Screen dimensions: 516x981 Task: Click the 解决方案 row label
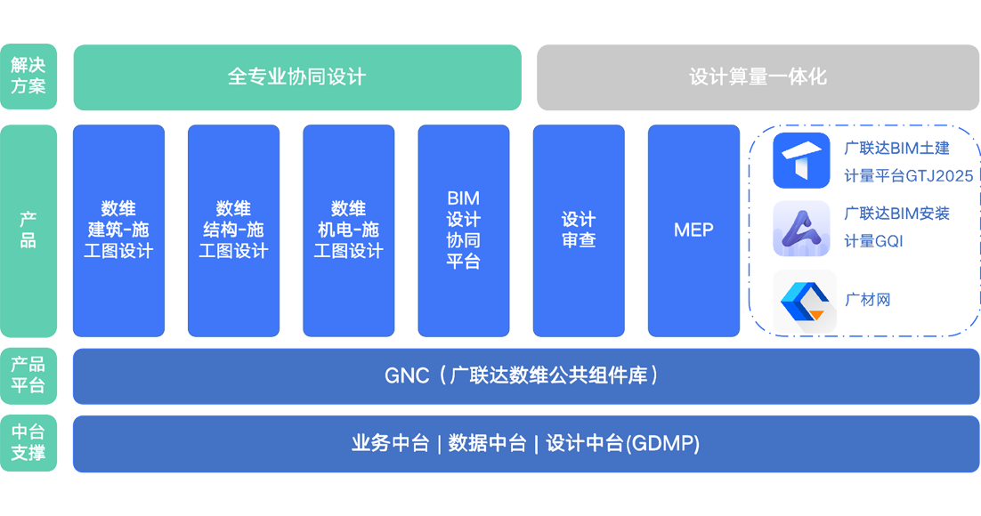coord(28,77)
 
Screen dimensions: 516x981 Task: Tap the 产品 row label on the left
coord(28,230)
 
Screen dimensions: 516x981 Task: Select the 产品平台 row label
coord(28,375)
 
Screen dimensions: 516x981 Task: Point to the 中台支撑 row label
coord(28,442)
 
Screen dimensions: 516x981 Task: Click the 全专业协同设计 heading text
coord(296,77)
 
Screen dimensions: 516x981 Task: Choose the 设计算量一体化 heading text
coord(758,77)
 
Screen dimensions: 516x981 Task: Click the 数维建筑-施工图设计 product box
coord(118,230)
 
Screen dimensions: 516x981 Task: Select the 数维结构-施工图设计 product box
coord(233,230)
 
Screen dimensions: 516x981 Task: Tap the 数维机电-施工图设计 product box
coord(348,230)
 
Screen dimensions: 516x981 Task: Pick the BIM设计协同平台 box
coord(463,229)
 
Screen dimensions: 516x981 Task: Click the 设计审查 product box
coord(579,230)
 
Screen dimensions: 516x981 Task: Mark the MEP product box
coord(693,230)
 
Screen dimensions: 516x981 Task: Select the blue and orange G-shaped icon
coord(799,300)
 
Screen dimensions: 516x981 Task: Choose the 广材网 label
coord(869,300)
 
